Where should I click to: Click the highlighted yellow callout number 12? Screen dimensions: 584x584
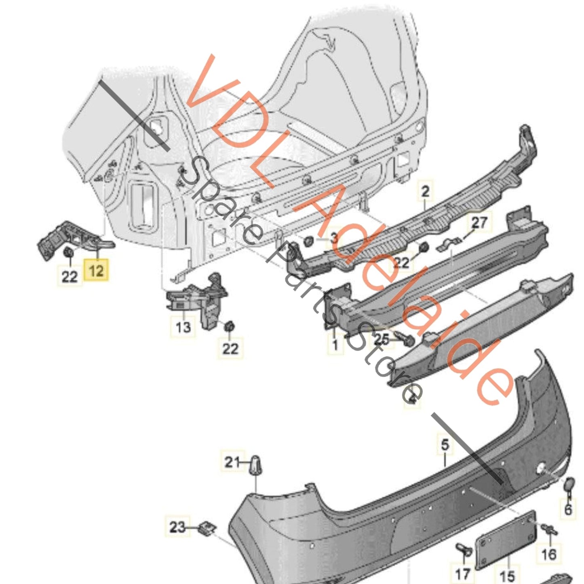click(96, 270)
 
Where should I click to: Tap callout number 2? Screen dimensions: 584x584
click(425, 191)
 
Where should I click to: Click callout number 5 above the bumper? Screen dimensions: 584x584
click(445, 445)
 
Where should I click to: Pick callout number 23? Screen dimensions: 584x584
click(177, 527)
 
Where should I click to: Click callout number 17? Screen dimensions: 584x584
click(463, 573)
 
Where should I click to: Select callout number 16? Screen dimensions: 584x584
click(548, 554)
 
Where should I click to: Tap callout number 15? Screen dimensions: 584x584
click(507, 576)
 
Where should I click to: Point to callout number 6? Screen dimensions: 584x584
click(568, 509)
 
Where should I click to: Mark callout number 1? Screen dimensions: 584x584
click(335, 345)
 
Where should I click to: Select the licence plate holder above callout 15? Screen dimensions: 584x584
click(506, 538)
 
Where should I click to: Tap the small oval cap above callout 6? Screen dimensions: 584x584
click(569, 484)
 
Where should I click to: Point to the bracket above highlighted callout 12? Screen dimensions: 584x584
click(73, 238)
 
